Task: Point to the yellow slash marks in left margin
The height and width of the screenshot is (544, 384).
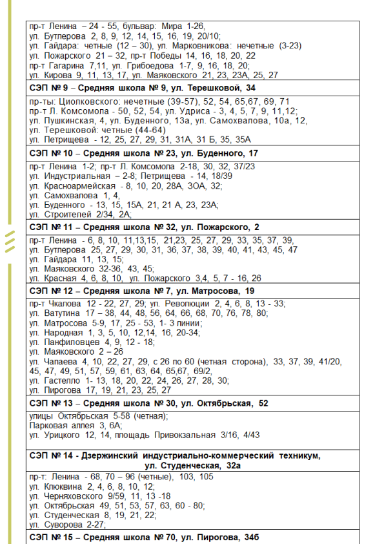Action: pos(9,242)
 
